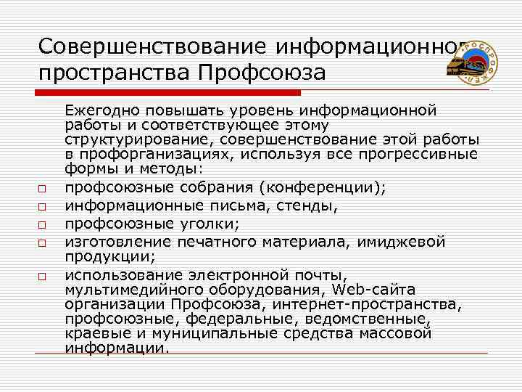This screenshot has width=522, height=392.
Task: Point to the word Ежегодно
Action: (101, 110)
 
